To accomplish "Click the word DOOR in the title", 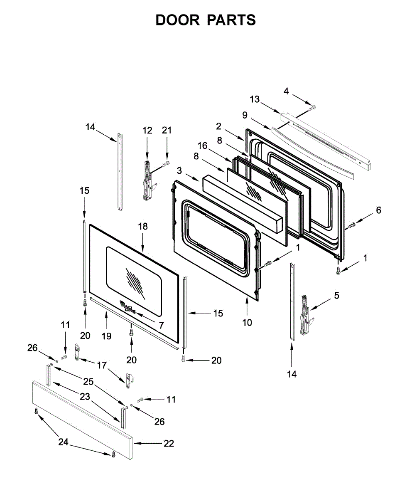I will coord(178,20).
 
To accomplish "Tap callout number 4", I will coord(286,91).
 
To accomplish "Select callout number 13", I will coord(255,99).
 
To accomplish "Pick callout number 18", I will coord(143,227).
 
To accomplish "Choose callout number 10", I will coord(247,322).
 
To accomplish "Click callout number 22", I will coord(168,444).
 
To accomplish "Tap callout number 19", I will coord(107,336).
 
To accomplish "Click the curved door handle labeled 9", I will coord(311,151).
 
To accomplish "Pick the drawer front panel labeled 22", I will coord(83,420).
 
